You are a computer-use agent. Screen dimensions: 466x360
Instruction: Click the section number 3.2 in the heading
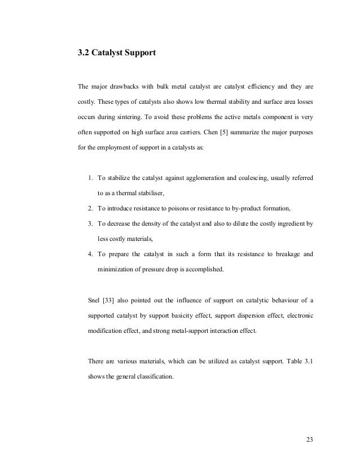click(83, 55)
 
